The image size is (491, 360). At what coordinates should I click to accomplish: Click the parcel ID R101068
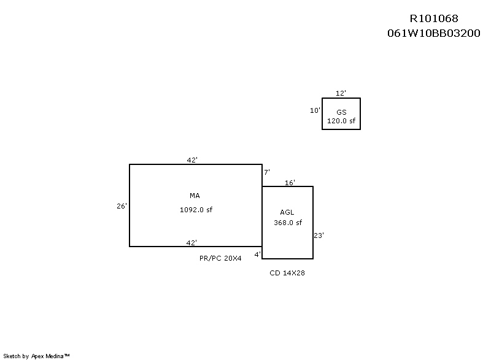[x=433, y=19]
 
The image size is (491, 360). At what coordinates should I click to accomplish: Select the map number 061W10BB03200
[x=433, y=34]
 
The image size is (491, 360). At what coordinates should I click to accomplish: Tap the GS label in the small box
[x=341, y=112]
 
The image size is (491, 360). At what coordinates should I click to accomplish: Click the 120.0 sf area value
[x=341, y=121]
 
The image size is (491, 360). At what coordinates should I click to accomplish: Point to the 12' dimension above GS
[x=341, y=93]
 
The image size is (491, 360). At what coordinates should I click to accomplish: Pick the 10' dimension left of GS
[x=315, y=111]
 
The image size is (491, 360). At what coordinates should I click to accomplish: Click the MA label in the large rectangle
[x=195, y=196]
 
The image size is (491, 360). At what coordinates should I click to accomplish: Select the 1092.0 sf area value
[x=196, y=210]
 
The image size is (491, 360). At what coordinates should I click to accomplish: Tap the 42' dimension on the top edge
[x=192, y=160]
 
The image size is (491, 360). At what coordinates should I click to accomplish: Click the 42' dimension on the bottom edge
[x=192, y=243]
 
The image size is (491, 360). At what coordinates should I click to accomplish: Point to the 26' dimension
[x=122, y=207]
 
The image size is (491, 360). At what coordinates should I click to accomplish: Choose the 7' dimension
[x=267, y=173]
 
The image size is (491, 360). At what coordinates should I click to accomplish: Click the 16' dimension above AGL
[x=290, y=183]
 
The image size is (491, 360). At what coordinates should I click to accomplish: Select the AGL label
[x=287, y=212]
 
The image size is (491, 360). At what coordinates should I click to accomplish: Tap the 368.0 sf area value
[x=288, y=223]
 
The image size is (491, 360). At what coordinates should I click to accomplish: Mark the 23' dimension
[x=319, y=236]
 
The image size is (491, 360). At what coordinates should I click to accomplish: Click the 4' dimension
[x=258, y=254]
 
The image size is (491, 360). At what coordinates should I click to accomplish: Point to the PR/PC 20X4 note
[x=220, y=259]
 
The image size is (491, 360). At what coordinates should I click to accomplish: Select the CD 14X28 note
[x=287, y=274]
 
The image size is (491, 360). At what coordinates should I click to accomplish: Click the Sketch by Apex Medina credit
[x=36, y=356]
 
